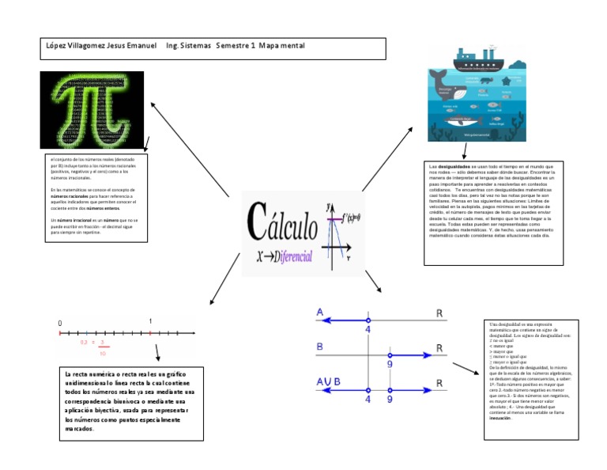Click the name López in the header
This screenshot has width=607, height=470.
(x=57, y=47)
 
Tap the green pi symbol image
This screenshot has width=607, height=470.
(x=92, y=110)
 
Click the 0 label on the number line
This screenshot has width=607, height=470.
(x=59, y=324)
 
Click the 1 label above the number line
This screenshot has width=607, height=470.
(x=150, y=321)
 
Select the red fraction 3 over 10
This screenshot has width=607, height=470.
(x=103, y=347)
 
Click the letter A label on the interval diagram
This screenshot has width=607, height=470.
(x=319, y=313)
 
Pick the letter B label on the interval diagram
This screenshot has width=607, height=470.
(x=319, y=347)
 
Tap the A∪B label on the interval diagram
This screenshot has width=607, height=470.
(x=326, y=382)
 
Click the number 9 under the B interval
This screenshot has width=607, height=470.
(x=390, y=365)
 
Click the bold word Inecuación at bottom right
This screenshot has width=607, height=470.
(x=500, y=419)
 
